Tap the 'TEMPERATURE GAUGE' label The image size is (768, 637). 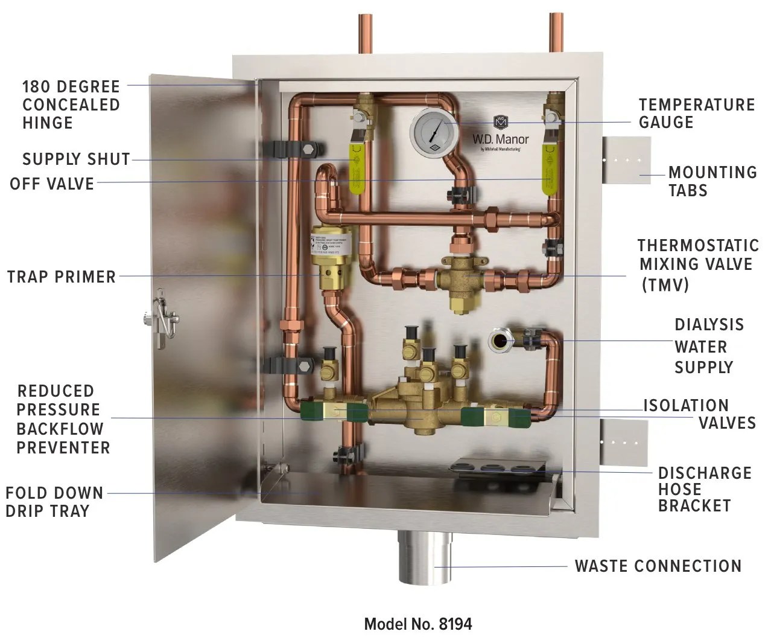point(696,114)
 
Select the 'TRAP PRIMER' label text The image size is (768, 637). point(62,277)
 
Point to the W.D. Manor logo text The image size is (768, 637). point(500,139)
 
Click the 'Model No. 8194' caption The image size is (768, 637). point(417,623)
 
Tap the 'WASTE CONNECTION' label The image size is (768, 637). point(658,566)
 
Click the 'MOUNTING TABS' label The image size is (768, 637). point(712,181)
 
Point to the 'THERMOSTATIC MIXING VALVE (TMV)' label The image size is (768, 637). point(697,264)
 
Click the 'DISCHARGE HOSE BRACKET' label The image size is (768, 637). point(704,489)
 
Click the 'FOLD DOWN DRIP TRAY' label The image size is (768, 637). point(54,502)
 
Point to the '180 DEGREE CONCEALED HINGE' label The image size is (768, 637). point(71,104)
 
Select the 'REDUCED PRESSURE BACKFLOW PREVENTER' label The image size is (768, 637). point(63,420)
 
